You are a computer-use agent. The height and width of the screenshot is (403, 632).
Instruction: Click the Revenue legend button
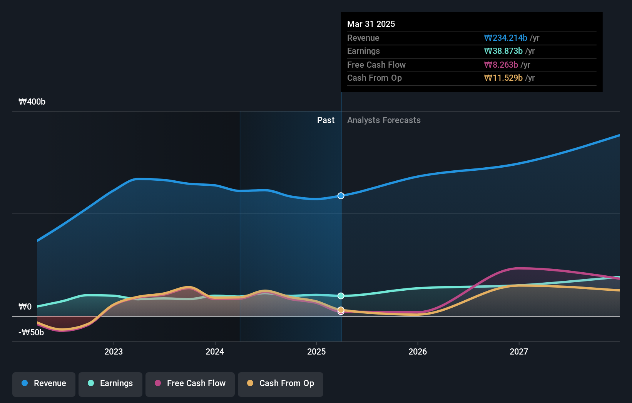tap(44, 383)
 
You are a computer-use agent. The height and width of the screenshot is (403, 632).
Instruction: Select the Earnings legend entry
tap(110, 383)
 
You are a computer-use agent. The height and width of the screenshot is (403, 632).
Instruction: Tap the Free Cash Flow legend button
tap(190, 383)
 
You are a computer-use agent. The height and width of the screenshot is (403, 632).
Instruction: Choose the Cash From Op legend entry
tap(281, 383)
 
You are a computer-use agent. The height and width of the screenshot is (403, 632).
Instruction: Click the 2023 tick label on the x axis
tap(114, 351)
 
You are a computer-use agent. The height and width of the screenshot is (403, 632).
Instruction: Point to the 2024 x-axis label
tap(215, 351)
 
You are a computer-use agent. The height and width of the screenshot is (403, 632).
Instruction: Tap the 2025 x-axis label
tap(316, 351)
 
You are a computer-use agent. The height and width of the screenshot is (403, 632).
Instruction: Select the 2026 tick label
tap(418, 351)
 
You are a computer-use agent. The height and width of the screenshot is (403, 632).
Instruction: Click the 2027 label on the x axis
tap(519, 351)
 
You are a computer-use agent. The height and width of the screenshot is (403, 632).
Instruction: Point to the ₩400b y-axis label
tap(32, 102)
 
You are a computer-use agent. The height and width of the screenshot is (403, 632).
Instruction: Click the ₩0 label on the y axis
tap(25, 307)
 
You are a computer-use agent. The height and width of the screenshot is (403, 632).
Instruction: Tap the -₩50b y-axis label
tap(31, 333)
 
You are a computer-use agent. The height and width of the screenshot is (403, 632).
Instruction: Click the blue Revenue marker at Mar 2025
tap(341, 196)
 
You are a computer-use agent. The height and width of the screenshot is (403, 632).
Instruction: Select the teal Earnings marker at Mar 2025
tap(341, 296)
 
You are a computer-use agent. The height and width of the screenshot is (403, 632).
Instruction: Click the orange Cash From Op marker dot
tap(341, 310)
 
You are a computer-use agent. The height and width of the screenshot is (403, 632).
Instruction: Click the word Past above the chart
tap(326, 120)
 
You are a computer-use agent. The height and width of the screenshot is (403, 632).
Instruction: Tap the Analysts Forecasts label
tap(384, 120)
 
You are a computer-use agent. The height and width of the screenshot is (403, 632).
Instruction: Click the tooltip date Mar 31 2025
tap(371, 24)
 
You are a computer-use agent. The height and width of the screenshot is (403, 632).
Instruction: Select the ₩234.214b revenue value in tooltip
tap(505, 38)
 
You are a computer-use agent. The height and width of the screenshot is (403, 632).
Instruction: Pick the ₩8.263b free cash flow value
tap(501, 65)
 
